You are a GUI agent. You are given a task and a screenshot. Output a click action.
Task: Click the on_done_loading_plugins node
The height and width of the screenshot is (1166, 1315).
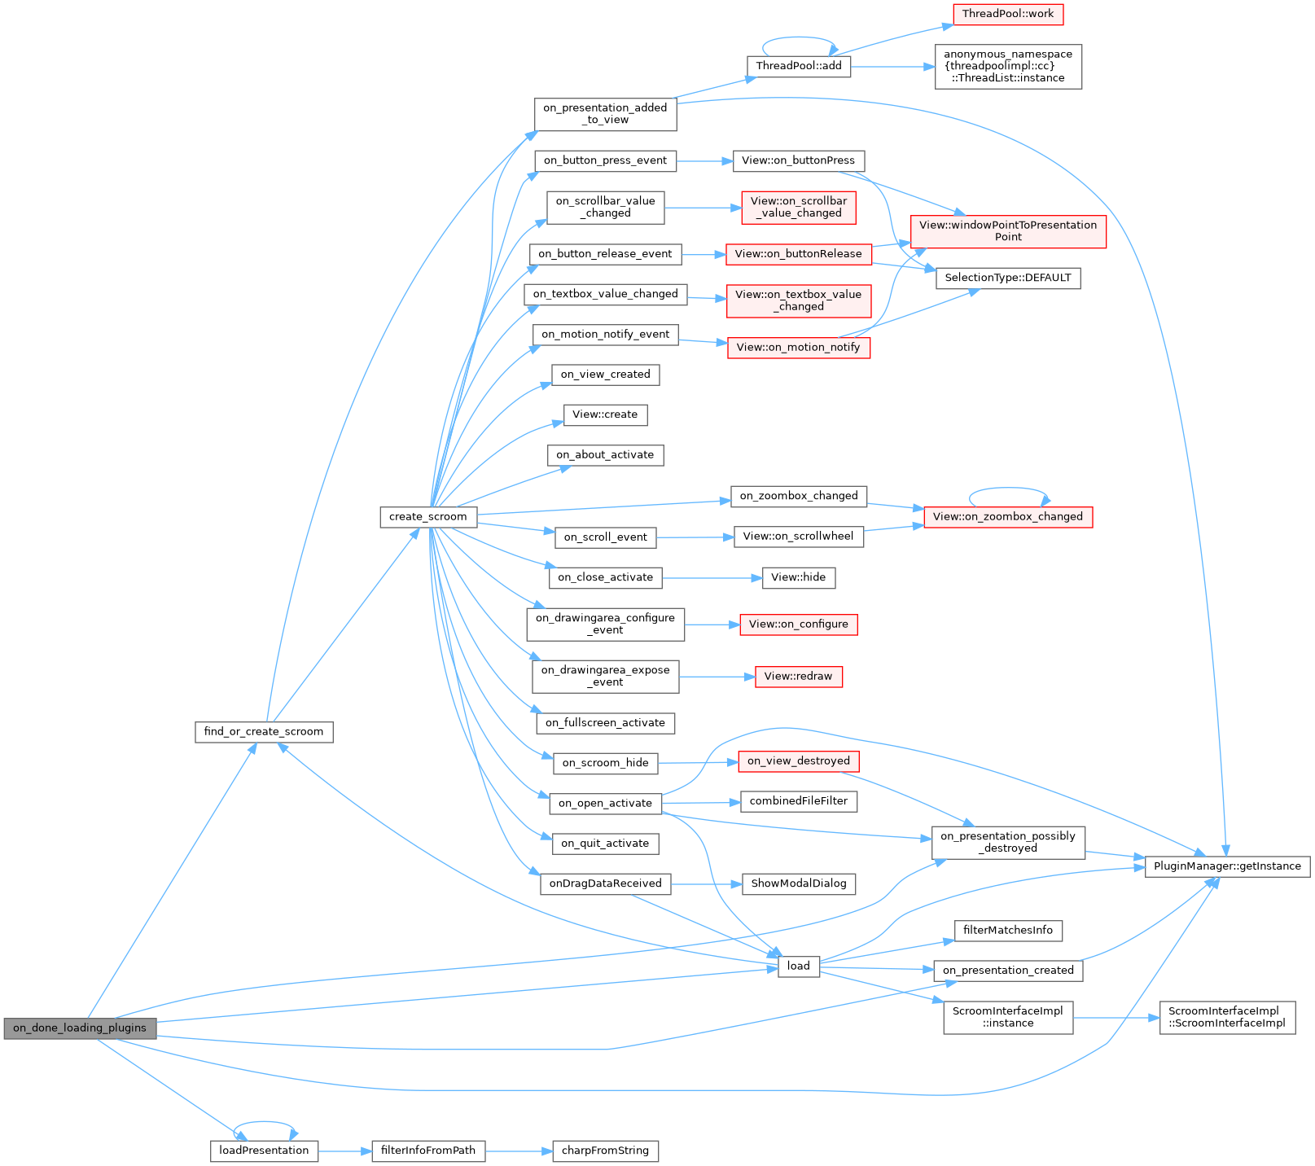point(80,1028)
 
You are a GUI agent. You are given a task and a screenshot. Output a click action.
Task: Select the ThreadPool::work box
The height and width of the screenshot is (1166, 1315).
point(1007,14)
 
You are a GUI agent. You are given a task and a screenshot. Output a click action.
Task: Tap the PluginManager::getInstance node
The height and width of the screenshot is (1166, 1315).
point(1227,866)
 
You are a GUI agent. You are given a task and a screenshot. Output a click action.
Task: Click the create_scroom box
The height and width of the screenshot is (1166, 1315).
point(427,517)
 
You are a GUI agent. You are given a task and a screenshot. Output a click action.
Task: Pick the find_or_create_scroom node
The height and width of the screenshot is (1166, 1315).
point(264,732)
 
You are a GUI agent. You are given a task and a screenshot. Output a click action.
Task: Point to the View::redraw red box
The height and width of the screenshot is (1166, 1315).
point(798,677)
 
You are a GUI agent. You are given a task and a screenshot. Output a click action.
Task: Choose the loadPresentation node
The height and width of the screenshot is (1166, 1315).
point(264,1151)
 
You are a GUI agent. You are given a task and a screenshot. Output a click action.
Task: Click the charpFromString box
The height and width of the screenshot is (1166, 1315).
point(605,1151)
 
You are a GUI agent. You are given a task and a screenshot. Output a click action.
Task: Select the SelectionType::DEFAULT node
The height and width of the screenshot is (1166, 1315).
point(1007,278)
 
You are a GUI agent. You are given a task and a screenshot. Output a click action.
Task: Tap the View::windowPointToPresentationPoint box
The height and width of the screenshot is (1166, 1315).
point(1007,231)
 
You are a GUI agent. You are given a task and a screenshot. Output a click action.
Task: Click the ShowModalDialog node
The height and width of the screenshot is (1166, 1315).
point(798,883)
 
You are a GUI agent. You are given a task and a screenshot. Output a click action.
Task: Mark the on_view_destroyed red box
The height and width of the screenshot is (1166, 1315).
point(798,761)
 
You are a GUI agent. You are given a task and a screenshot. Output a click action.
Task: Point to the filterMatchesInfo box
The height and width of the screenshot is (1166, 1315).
point(1007,931)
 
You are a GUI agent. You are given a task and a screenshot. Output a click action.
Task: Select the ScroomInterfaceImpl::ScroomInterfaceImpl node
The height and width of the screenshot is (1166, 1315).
point(1226,1018)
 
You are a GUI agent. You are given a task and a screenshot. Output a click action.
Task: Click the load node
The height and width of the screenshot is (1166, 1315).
point(798,967)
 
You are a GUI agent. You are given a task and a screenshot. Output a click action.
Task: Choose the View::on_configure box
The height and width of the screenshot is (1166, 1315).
point(798,625)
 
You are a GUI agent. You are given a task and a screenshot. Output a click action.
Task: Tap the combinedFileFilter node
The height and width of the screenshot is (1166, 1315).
point(798,801)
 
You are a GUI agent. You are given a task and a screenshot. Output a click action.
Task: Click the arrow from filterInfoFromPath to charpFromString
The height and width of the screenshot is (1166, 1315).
point(519,1151)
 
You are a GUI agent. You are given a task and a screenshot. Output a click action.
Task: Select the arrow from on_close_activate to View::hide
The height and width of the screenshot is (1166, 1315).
point(712,578)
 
